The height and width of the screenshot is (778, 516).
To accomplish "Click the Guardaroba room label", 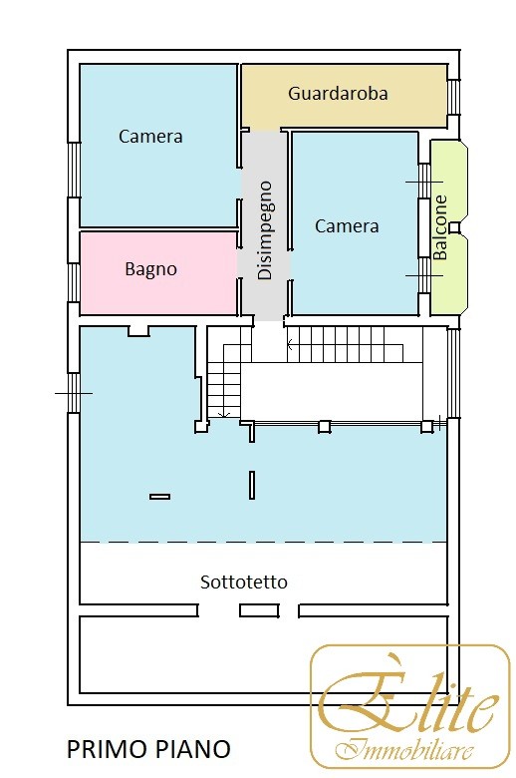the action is pos(338,94).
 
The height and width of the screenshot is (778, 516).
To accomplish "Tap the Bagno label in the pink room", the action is pos(150,269).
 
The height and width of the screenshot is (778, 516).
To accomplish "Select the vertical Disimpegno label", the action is pos(265,230).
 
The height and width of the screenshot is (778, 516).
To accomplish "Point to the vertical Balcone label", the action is pos(440,227).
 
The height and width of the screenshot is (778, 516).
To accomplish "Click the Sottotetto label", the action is pos(244,582).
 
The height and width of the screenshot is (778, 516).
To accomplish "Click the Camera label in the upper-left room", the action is pos(150,136).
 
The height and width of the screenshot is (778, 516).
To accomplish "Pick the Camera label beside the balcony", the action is pos(347,226).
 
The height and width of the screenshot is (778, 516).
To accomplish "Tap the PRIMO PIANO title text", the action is pos(148,749).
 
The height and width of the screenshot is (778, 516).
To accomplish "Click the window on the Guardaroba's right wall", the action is pos(453,97).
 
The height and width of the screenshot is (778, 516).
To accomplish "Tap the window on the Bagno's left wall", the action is pos(74,282).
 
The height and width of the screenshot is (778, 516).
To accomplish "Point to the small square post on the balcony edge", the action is pos(454,227).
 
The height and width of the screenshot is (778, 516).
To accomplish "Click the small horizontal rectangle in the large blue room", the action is pos(160,496).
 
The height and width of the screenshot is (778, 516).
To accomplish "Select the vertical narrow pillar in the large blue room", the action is pos(252,486).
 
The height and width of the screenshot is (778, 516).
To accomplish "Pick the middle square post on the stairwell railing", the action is pos(324,426).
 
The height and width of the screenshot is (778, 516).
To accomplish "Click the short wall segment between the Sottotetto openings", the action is pos(259,610).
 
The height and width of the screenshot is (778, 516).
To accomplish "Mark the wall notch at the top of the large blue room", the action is pos(138,331).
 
